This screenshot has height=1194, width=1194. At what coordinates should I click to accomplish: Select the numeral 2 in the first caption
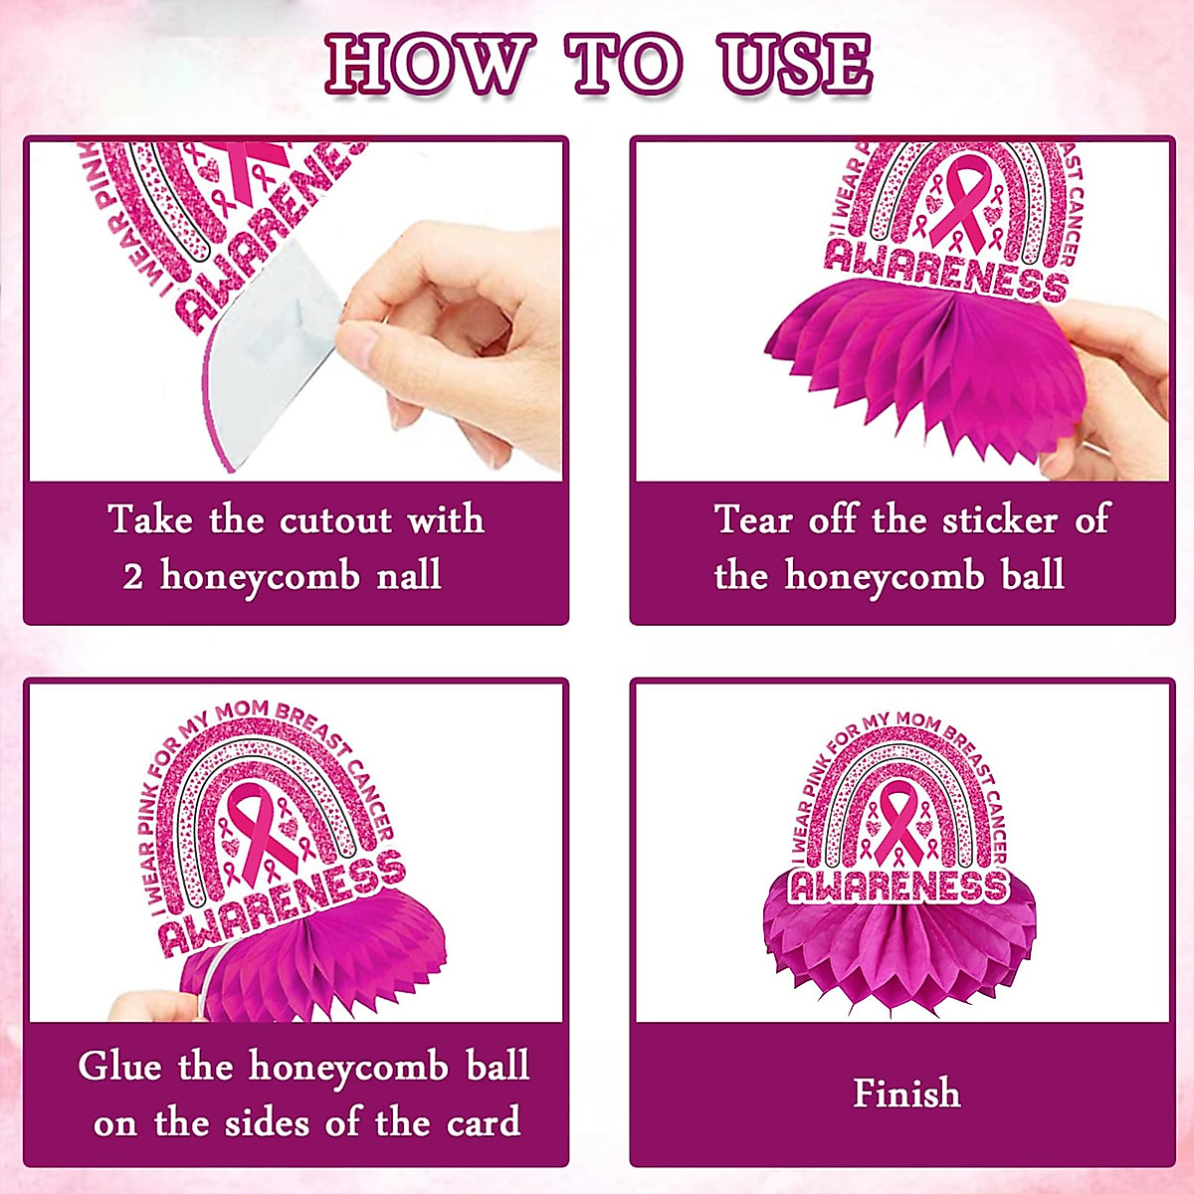pyautogui.click(x=133, y=577)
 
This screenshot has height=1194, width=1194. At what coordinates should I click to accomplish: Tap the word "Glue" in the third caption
pyautogui.click(x=119, y=1067)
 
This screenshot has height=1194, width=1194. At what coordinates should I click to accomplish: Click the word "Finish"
pyautogui.click(x=906, y=1094)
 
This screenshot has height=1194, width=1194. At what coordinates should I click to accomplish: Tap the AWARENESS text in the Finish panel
pyautogui.click(x=899, y=885)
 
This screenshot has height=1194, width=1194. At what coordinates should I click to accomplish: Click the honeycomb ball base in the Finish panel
pyautogui.click(x=900, y=945)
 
